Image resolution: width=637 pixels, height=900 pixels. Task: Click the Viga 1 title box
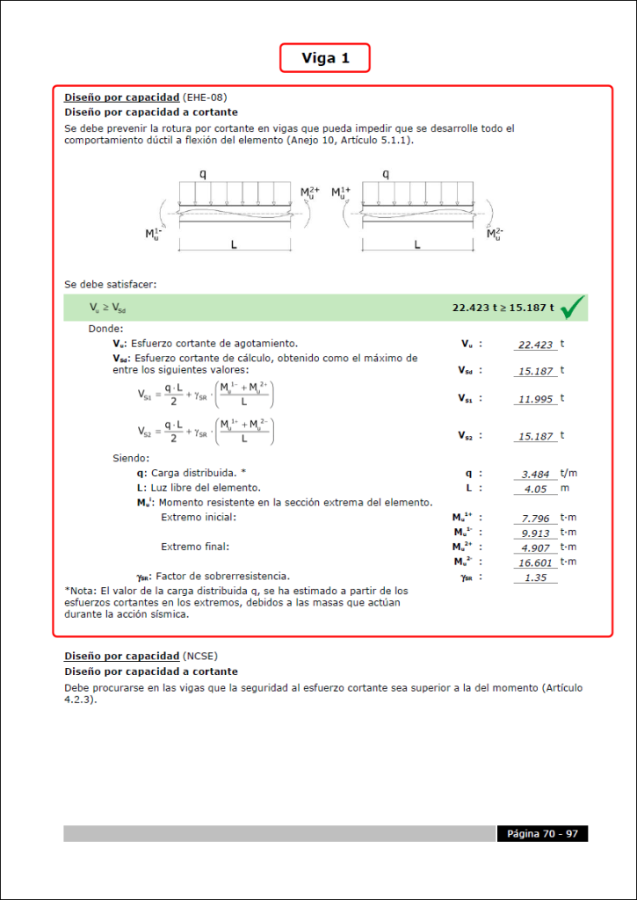pos(325,58)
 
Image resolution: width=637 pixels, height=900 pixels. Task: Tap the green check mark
pos(572,308)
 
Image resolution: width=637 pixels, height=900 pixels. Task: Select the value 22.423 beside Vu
pos(535,345)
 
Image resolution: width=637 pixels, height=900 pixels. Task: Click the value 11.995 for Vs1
pos(535,399)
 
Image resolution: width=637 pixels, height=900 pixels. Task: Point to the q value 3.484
pos(535,475)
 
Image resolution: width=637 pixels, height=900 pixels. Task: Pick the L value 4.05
pos(535,489)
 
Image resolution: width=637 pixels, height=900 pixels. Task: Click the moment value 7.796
pos(535,519)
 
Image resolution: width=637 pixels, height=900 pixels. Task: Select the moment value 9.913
pos(535,533)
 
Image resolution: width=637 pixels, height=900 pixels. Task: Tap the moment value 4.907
pos(535,548)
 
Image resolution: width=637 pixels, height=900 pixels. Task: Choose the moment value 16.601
pos(535,562)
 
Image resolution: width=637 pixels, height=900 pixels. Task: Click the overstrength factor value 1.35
pos(535,577)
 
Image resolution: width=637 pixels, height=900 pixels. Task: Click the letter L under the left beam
pos(234,245)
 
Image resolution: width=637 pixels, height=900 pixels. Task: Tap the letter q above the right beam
pos(386,174)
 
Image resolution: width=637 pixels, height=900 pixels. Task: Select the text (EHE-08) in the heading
pos(204,98)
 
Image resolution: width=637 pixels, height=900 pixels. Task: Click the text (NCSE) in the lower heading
pos(199,657)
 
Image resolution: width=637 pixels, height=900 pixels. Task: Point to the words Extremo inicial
pos(199,518)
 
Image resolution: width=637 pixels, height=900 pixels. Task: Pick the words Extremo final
pos(194,547)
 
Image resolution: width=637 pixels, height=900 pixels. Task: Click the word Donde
pos(106,329)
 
